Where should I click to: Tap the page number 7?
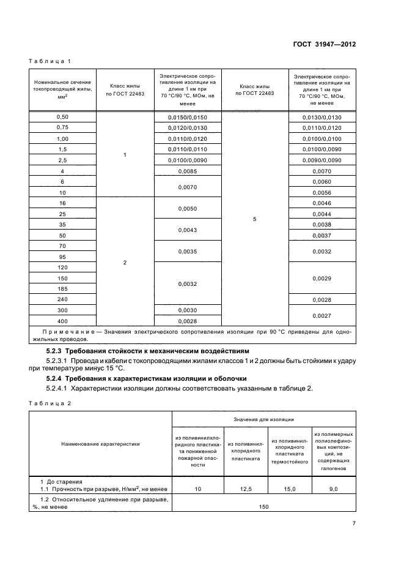[x=354, y=523]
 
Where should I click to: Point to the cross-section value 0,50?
[x=62, y=116]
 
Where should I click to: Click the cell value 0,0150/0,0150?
[x=188, y=117]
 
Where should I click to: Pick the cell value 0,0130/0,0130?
[x=321, y=117]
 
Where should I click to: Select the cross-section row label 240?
[x=62, y=299]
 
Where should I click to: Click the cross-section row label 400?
[x=62, y=321]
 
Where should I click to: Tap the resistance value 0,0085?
[x=188, y=172]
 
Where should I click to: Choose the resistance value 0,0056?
[x=321, y=192]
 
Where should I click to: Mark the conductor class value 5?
[x=254, y=219]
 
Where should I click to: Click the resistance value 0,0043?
[x=188, y=230]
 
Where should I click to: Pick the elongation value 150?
[x=264, y=506]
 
